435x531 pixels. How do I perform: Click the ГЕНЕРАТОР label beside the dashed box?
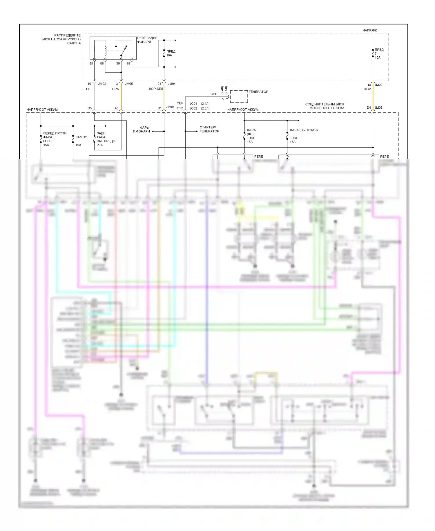coord(258,92)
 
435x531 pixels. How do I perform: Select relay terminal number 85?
coord(91,63)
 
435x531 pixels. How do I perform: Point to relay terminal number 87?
coord(129,63)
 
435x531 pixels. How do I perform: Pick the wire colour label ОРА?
coord(115,89)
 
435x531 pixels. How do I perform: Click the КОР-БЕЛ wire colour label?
coord(156,89)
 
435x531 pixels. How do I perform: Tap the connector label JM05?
coord(129,84)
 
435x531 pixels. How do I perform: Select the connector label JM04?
coord(172,84)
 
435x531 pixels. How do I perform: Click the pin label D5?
coord(90,108)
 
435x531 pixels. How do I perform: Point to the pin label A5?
coord(116,108)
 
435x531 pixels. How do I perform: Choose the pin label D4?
coord(369,108)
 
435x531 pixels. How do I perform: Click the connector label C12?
coord(180,108)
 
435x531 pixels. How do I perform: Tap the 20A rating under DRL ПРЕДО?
coord(100,145)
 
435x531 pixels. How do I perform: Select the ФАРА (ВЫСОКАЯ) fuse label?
coord(304,130)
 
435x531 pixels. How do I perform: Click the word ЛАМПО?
coord(81,137)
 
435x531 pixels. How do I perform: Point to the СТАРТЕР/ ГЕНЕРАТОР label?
coord(209,129)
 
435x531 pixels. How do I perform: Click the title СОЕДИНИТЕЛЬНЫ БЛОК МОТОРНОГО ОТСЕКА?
coord(325,106)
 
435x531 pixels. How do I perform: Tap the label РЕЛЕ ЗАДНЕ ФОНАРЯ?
coord(147,40)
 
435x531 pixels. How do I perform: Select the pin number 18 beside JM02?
coord(369,85)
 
